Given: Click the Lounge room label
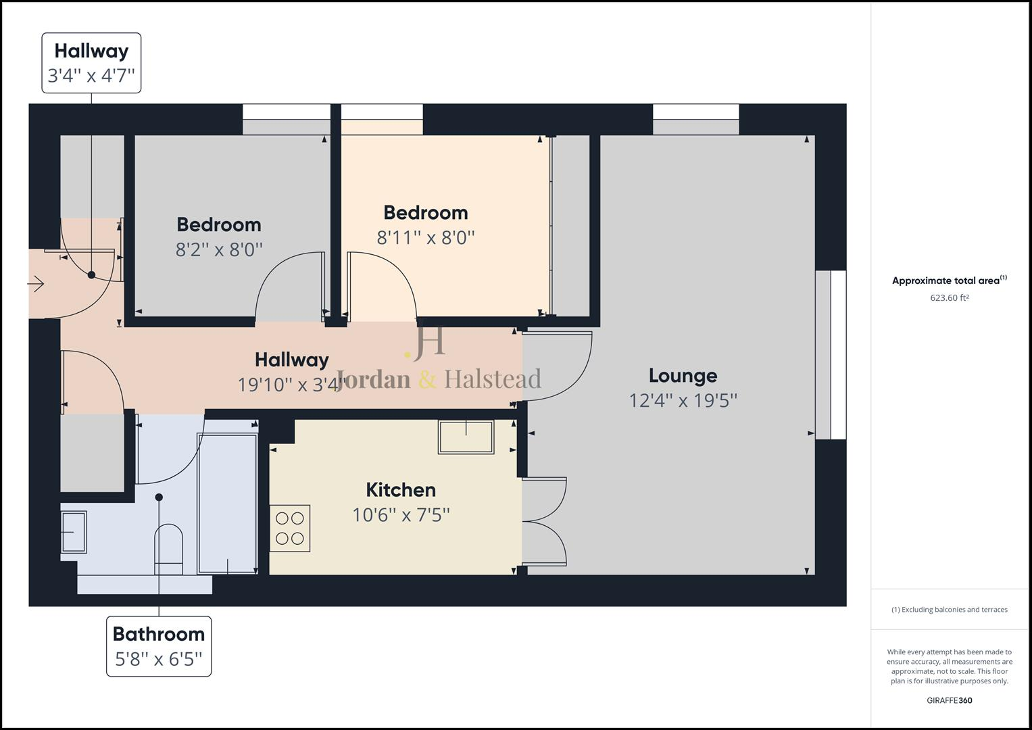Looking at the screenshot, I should [683, 376].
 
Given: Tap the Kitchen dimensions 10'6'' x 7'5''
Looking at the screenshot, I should [401, 515].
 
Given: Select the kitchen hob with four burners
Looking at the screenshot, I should [290, 529].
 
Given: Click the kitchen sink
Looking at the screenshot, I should [466, 437].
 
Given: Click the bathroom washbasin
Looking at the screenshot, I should [74, 532].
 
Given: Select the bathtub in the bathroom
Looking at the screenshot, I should [228, 504].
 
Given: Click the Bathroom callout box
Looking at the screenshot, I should [159, 646].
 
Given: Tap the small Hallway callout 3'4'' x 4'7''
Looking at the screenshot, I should [91, 63].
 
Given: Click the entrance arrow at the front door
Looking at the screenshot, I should [36, 285].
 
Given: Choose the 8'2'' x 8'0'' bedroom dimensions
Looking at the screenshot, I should [219, 250].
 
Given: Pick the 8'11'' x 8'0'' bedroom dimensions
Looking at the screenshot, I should [426, 238].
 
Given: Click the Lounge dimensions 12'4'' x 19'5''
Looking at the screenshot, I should [683, 401].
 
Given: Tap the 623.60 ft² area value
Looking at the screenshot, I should [949, 298].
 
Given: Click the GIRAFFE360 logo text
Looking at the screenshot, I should [949, 700].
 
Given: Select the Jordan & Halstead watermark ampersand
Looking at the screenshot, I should [427, 379].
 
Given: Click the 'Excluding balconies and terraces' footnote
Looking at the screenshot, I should [949, 610].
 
